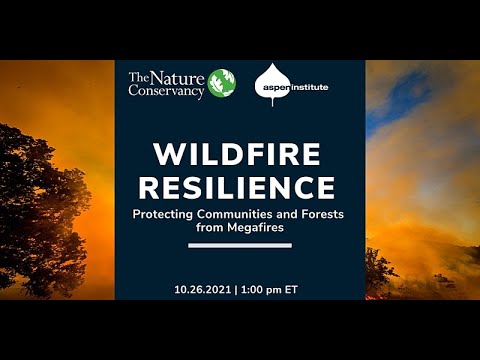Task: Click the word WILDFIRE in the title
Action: pyautogui.click(x=239, y=154)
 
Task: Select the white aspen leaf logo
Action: pyautogui.click(x=271, y=85)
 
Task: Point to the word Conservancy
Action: pyautogui.click(x=166, y=91)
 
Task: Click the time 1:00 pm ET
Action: pyautogui.click(x=274, y=289)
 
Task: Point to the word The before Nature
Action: pyautogui.click(x=141, y=74)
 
